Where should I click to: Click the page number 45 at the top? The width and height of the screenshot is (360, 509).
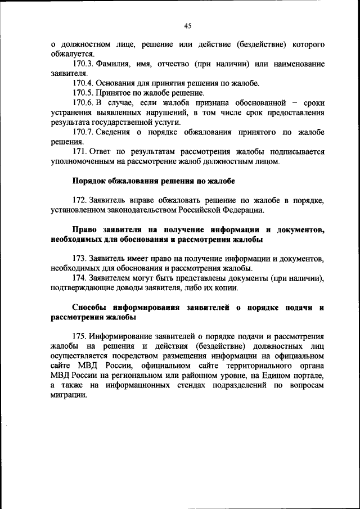[x=188, y=25]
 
